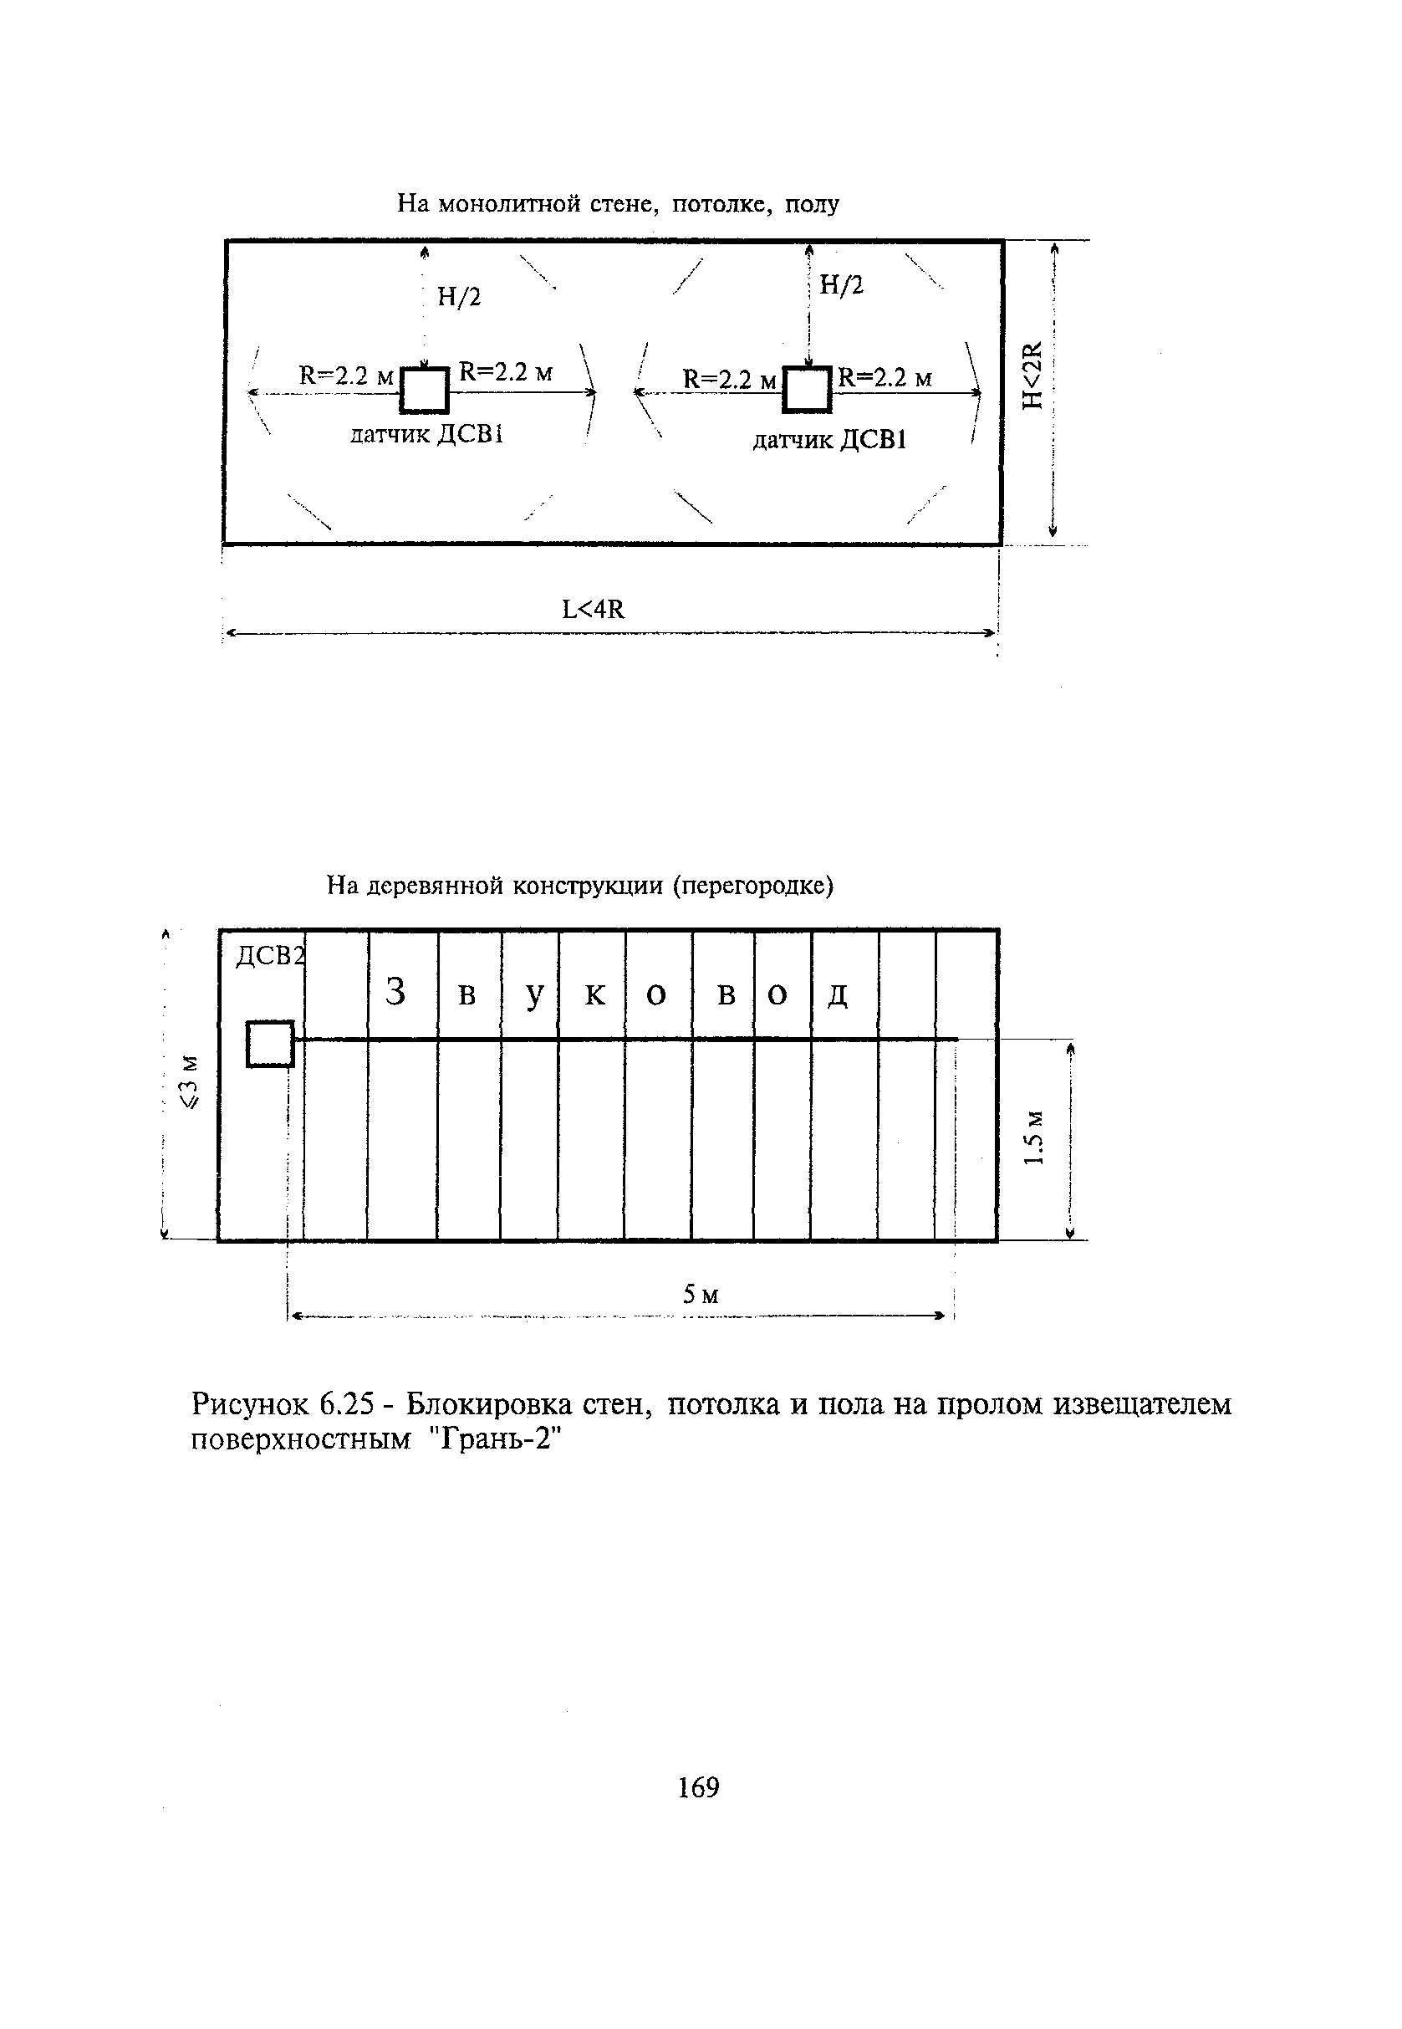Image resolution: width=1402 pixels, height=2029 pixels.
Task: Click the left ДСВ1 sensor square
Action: coord(425,390)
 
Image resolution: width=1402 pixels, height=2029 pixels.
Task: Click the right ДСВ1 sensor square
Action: coord(808,390)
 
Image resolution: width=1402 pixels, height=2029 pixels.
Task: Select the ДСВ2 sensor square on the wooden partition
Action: coord(270,1044)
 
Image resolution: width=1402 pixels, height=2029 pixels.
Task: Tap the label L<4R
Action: coord(594,609)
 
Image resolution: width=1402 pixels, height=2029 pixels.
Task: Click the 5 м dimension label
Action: coord(701,1295)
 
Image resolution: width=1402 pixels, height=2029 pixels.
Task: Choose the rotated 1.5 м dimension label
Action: coord(1036,1137)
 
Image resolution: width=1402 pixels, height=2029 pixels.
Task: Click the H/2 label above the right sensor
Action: coord(842,284)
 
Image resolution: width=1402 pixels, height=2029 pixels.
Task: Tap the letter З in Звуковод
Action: coord(396,993)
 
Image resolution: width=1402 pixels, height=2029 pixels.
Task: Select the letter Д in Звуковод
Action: coord(838,995)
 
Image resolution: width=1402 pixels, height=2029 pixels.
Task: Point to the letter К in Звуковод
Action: coord(594,994)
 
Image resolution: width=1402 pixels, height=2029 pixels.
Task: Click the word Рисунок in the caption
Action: coord(250,1405)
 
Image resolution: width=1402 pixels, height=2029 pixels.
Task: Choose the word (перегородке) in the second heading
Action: coord(752,886)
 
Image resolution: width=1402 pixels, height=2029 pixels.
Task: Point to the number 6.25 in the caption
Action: coord(350,1405)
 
